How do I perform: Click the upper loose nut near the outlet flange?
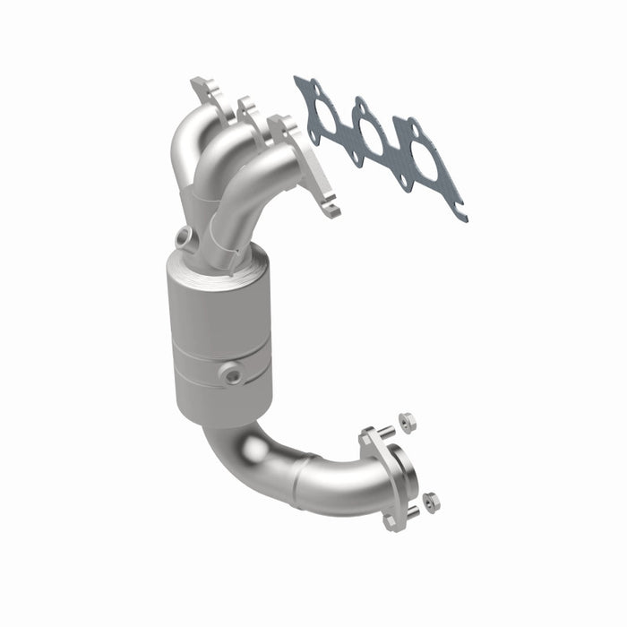[x=406, y=417]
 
